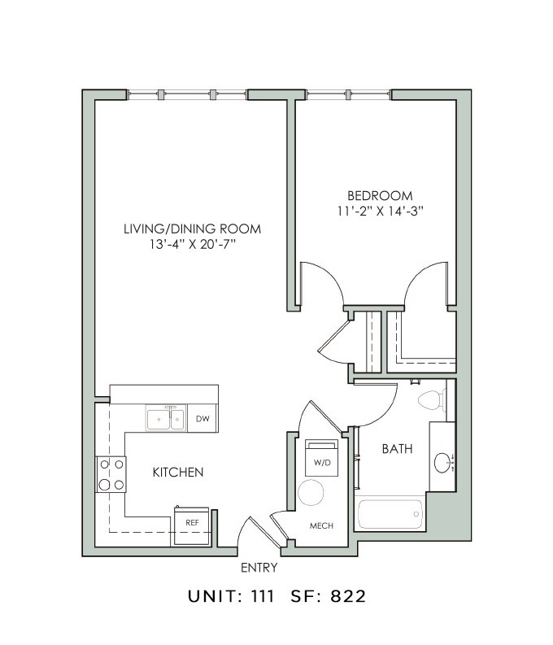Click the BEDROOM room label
[380, 195]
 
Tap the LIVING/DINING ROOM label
[192, 229]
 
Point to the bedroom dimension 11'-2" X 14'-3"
[380, 211]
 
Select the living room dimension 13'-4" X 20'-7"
[192, 244]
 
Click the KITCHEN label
[177, 472]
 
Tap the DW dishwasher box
[202, 420]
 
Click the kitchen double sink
[165, 419]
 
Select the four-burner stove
[111, 474]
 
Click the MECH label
[322, 525]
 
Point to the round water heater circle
[311, 493]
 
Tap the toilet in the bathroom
[429, 399]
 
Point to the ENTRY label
[259, 568]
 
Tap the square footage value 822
[349, 596]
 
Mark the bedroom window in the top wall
[350, 94]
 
